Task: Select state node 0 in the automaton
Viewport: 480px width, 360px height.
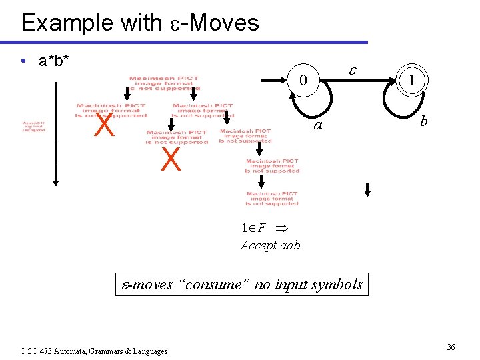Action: [303, 81]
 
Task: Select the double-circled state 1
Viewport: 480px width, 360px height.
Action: [413, 81]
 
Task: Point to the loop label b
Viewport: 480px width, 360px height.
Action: [423, 122]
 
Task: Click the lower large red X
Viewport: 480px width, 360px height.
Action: [171, 160]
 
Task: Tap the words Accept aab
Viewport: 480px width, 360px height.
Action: [270, 245]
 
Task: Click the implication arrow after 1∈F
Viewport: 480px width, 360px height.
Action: [281, 228]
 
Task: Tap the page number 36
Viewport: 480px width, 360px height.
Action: [451, 347]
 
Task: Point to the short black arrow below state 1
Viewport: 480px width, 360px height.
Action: [367, 190]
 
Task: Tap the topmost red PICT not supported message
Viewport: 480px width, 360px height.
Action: [164, 83]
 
